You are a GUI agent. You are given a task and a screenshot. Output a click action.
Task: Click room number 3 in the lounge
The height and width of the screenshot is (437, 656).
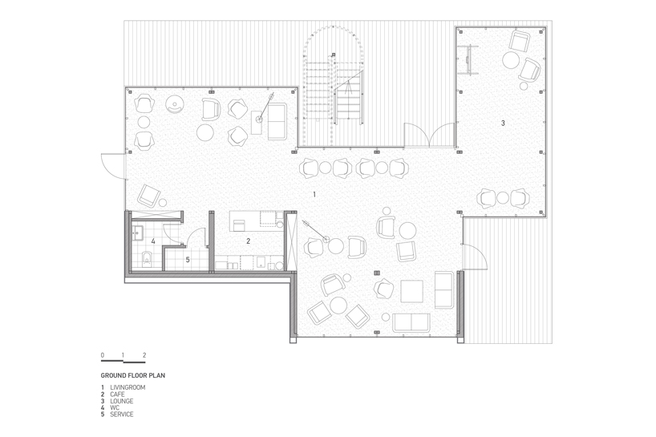coord(503,123)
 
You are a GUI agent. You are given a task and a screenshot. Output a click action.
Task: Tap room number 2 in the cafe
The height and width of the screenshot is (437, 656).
coord(248,241)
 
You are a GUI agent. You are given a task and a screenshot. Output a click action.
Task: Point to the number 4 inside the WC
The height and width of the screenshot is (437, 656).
coord(153,241)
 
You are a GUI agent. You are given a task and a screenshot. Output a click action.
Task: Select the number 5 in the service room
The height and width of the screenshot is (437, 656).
coord(188,260)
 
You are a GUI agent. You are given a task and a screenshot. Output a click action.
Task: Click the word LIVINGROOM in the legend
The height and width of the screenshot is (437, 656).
coord(128,387)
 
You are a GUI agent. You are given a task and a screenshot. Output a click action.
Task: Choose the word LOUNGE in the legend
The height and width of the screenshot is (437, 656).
coord(122,401)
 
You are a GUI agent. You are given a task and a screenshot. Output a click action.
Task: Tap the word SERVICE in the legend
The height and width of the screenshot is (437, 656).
coord(122,415)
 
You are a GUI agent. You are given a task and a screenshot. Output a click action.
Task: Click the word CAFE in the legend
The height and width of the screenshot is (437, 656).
coord(117,395)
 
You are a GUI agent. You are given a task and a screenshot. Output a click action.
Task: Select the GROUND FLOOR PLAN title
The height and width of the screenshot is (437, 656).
coord(133,375)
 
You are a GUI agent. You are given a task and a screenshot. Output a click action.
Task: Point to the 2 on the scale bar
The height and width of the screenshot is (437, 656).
coord(144,355)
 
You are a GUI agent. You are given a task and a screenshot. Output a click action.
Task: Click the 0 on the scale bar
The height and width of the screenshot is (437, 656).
coord(103,355)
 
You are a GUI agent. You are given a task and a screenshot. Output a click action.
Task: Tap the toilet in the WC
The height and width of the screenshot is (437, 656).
coord(146,258)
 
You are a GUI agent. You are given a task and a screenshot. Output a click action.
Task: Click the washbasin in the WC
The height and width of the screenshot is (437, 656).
coord(138,233)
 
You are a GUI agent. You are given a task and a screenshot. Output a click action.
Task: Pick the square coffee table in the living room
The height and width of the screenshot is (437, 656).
coord(411,291)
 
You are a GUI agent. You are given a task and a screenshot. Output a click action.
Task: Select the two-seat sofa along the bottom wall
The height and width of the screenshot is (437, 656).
coord(411,323)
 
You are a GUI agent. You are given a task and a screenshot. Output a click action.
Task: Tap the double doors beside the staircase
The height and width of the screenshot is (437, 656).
coord(430,135)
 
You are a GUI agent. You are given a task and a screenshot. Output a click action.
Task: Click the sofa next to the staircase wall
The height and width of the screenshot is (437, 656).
coord(277,121)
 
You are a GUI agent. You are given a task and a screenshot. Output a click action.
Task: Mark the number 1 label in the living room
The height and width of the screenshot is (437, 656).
coord(314,195)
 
